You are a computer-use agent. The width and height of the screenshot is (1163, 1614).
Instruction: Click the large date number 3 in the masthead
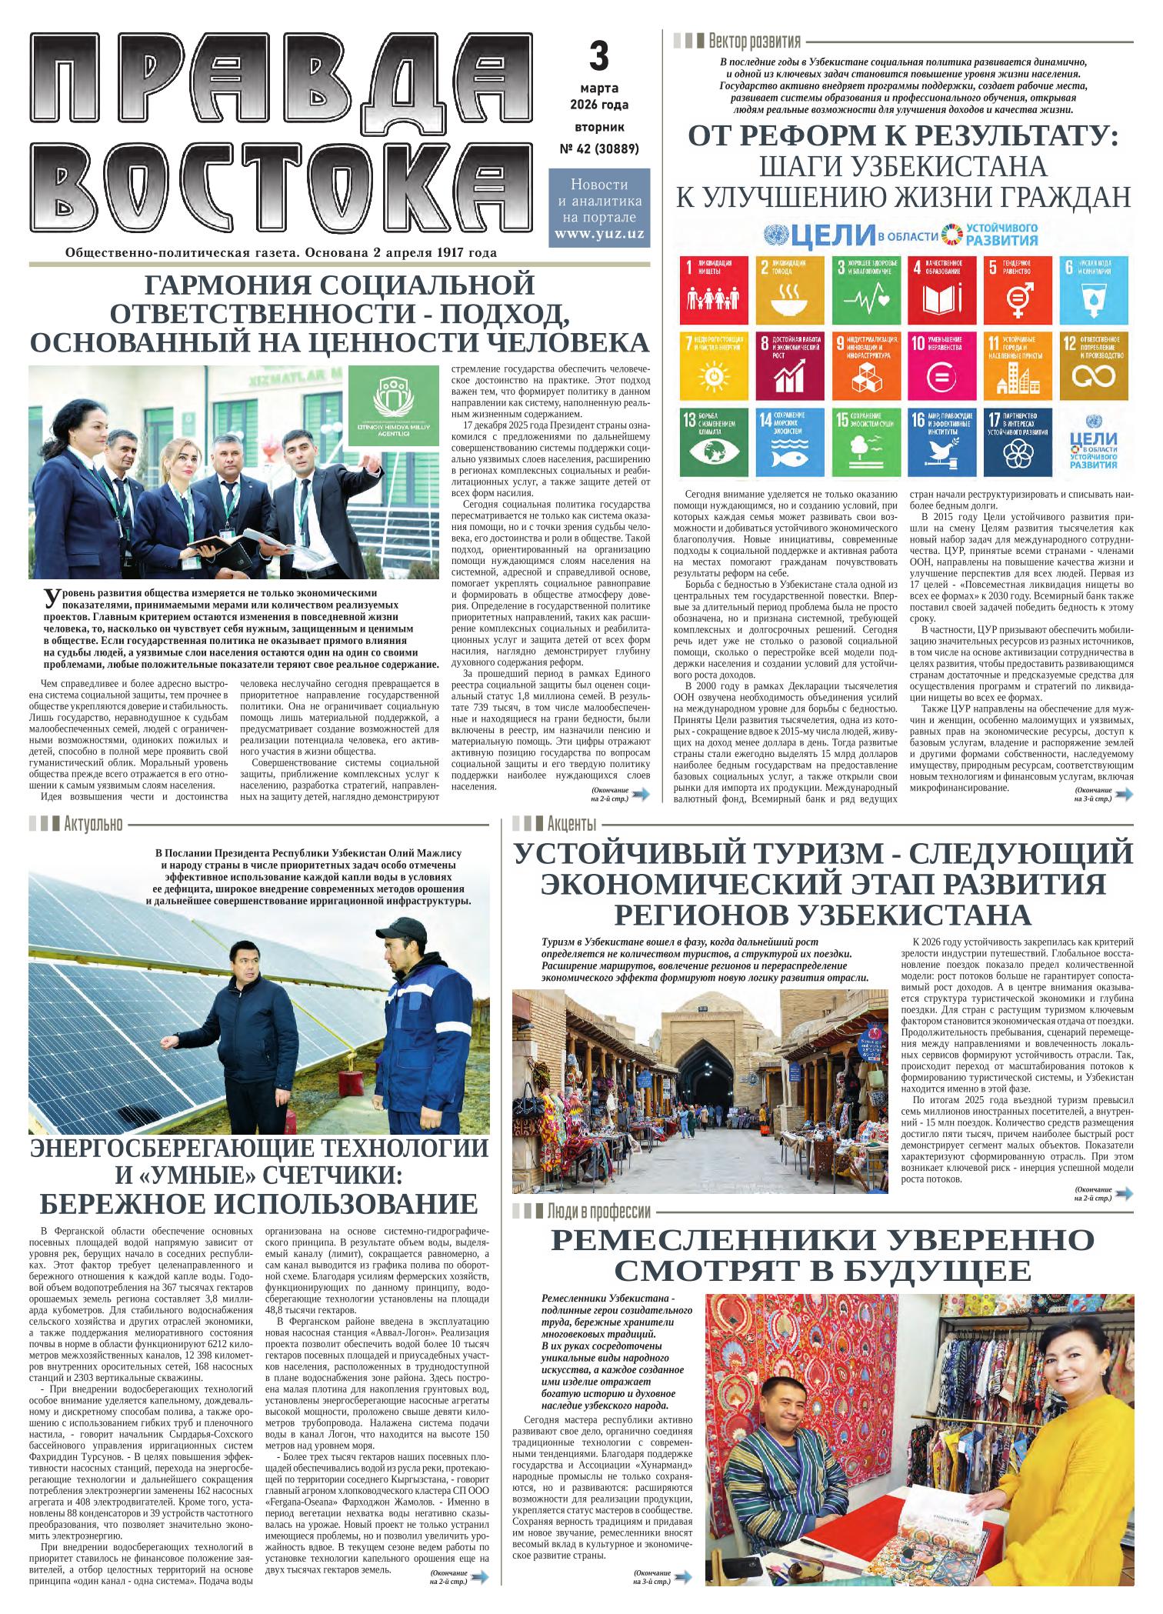[598, 56]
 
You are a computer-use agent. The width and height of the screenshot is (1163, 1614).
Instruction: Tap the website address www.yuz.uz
[599, 233]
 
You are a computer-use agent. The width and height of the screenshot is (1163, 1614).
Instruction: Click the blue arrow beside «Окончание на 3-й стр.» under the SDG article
[1124, 795]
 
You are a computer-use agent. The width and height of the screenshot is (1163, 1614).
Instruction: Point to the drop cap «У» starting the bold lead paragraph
[51, 598]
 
